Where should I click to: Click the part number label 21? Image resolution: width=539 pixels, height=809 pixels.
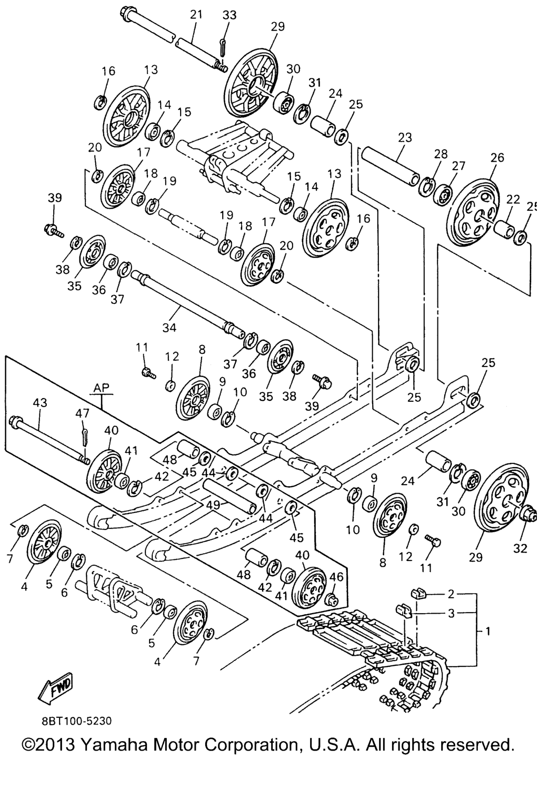[x=196, y=15]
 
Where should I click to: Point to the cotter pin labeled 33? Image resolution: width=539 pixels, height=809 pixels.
[x=223, y=47]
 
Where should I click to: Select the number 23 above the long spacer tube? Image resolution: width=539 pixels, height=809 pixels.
[x=405, y=138]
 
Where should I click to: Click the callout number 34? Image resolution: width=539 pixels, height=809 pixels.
[x=169, y=328]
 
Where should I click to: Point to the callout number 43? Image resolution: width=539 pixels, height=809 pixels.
[x=40, y=403]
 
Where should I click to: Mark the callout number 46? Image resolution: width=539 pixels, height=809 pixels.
[x=336, y=577]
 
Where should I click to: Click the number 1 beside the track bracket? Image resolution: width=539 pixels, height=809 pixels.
[x=488, y=630]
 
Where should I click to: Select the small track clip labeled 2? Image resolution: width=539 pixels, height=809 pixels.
[x=418, y=595]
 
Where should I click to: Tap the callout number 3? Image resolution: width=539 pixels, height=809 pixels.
[x=451, y=614]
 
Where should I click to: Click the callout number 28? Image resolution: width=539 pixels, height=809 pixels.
[x=441, y=154]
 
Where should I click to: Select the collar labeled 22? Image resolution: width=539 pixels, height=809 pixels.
[x=504, y=229]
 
